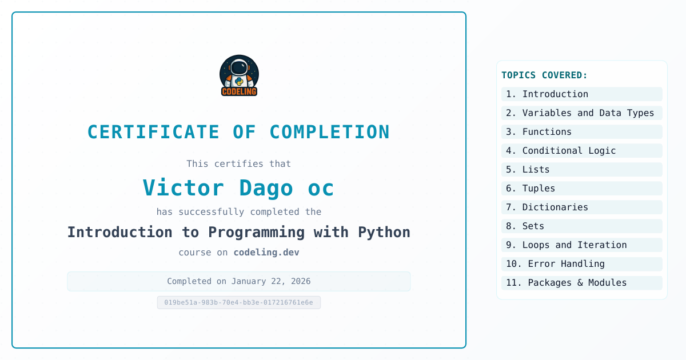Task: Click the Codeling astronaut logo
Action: pyautogui.click(x=239, y=75)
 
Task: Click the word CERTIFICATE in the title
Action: pyautogui.click(x=153, y=132)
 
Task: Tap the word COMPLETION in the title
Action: pyautogui.click(x=329, y=132)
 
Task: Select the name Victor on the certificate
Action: pyautogui.click(x=184, y=187)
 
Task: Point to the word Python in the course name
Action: pyautogui.click(x=384, y=233)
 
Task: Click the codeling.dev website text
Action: pyautogui.click(x=266, y=252)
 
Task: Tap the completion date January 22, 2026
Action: pyautogui.click(x=271, y=281)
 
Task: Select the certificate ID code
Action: pyautogui.click(x=238, y=302)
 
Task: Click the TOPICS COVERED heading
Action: pyautogui.click(x=544, y=75)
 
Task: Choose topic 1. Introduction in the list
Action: pyautogui.click(x=547, y=94)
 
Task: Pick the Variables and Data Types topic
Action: pyautogui.click(x=580, y=113)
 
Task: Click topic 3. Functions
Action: pyautogui.click(x=539, y=132)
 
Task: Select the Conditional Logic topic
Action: pyautogui.click(x=561, y=151)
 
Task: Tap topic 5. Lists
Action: pyautogui.click(x=528, y=170)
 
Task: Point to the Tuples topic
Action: pyautogui.click(x=531, y=188)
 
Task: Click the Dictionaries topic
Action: pyautogui.click(x=547, y=207)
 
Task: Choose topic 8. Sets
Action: pyautogui.click(x=525, y=226)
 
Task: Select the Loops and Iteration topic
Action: pyautogui.click(x=567, y=245)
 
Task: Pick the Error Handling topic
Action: pyautogui.click(x=555, y=264)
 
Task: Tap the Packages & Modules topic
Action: pyautogui.click(x=567, y=282)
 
